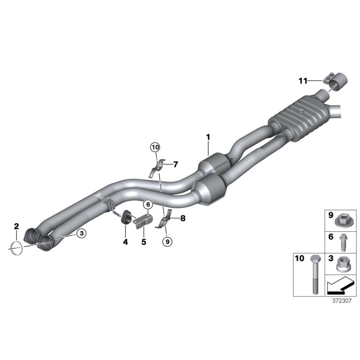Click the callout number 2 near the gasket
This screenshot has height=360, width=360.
pos(16,225)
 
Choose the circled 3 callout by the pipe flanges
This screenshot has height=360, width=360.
pos(81,233)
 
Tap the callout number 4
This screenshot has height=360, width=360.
pos(126,242)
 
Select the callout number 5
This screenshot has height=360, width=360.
pos(144,242)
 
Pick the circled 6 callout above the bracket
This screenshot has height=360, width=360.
pos(147,204)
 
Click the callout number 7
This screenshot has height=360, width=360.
pos(175,164)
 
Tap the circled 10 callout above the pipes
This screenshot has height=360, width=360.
pos(155,147)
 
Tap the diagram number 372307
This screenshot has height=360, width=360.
pos(341,303)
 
